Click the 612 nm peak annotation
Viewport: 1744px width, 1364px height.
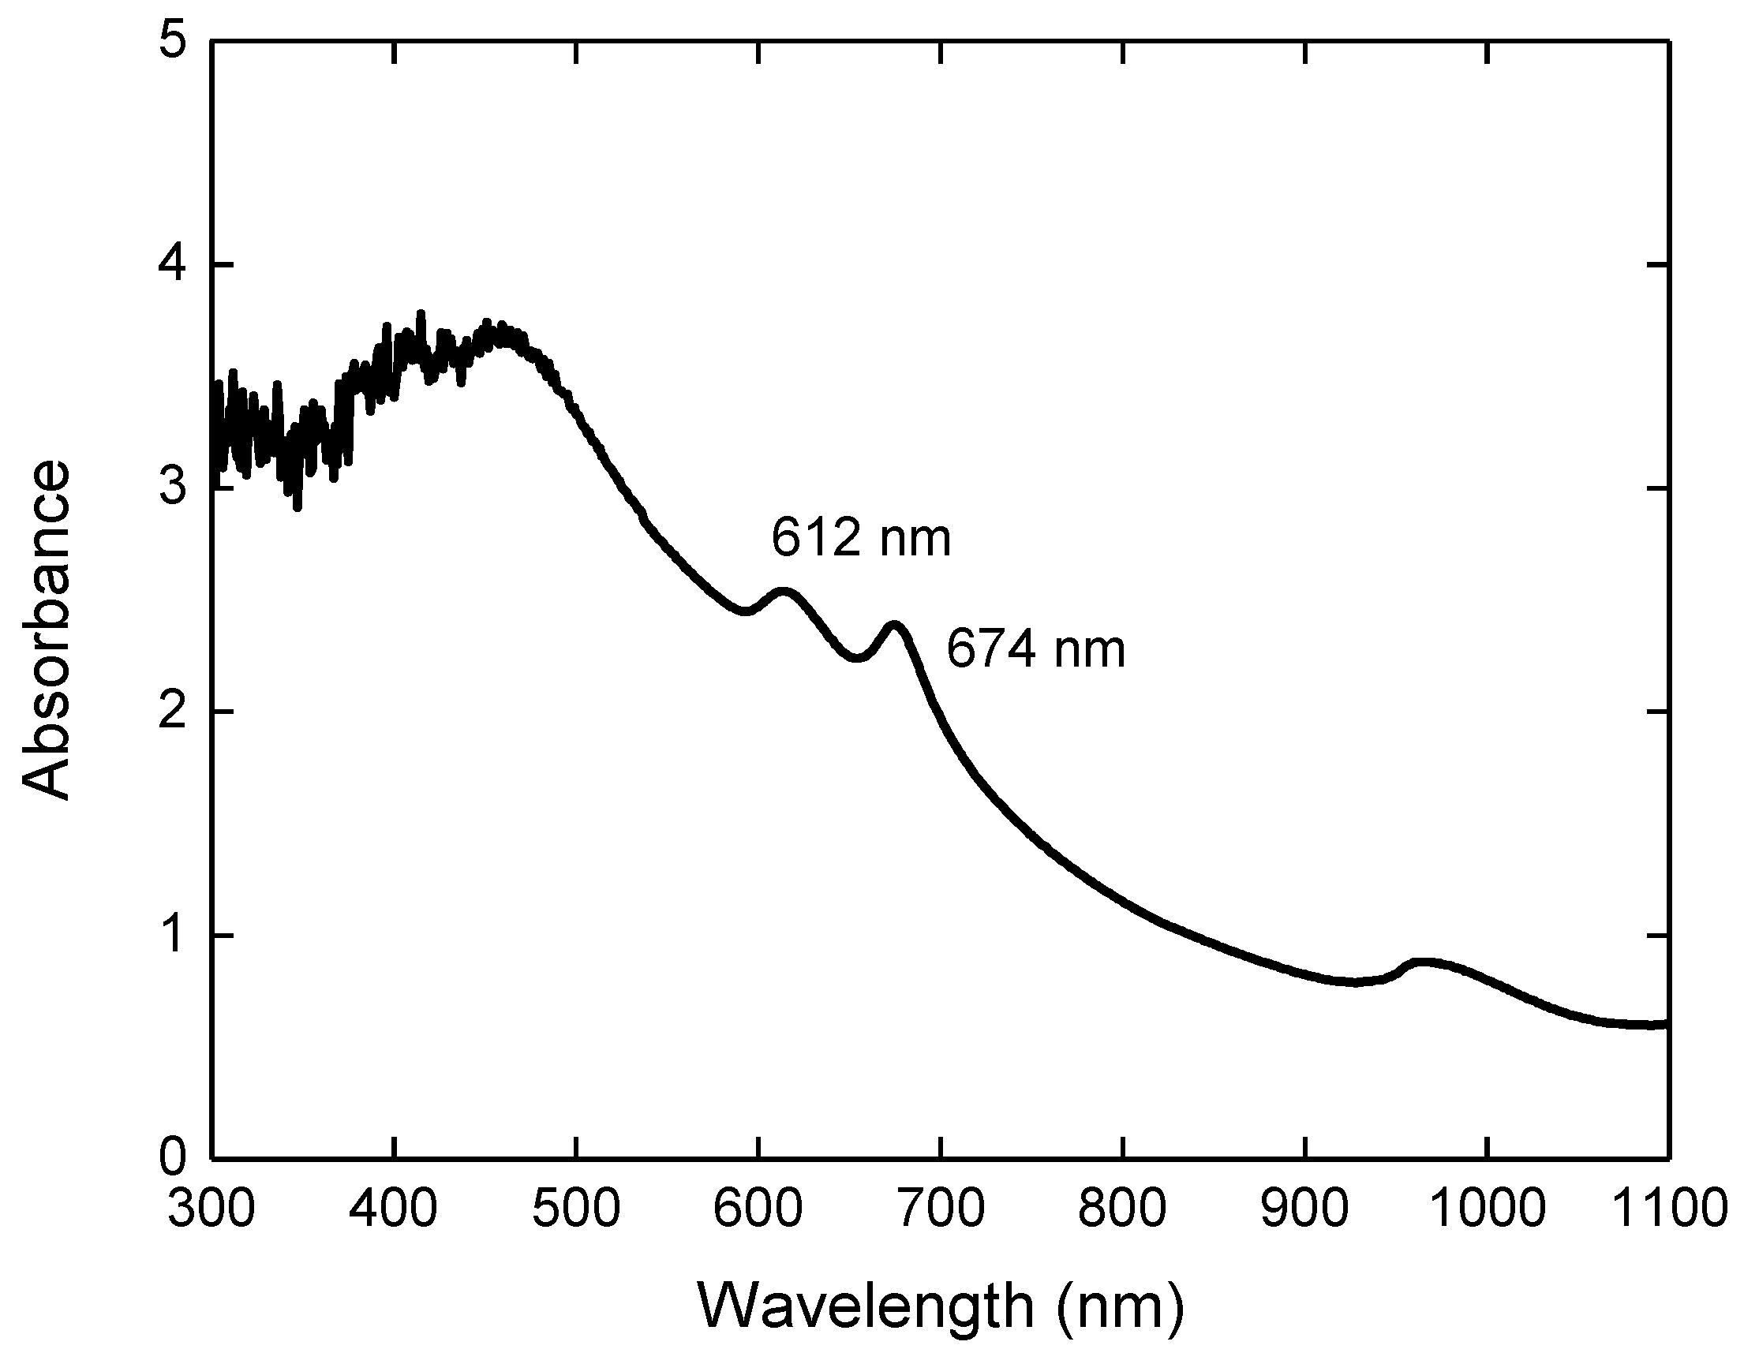(x=860, y=539)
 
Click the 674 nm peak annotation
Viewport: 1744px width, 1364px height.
(x=1035, y=649)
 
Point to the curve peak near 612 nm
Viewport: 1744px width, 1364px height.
(x=783, y=592)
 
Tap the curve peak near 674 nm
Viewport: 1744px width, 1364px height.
(x=895, y=625)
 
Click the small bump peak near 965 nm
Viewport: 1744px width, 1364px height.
(x=1424, y=962)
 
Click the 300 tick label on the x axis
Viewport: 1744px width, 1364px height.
(x=211, y=1209)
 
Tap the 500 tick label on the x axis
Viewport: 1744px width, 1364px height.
(x=576, y=1209)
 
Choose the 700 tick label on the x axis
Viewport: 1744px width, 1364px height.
(x=941, y=1209)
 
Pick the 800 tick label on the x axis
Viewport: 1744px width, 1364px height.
(x=1122, y=1209)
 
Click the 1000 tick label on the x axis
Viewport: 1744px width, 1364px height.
(x=1486, y=1209)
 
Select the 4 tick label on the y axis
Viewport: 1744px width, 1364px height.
(x=174, y=266)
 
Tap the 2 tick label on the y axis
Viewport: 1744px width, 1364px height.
(x=174, y=712)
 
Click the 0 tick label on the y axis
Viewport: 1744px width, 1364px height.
(x=174, y=1158)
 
